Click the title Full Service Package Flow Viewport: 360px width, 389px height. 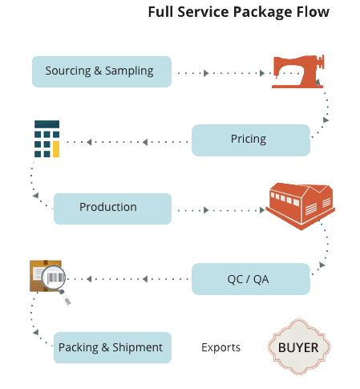tap(239, 12)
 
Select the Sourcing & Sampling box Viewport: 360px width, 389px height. tap(102, 71)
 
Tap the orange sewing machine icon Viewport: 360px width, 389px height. tap(298, 71)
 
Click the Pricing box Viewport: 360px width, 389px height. tap(251, 140)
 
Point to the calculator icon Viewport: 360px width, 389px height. tap(47, 139)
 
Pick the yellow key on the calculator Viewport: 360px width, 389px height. tap(56, 149)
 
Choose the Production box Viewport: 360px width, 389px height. tap(112, 209)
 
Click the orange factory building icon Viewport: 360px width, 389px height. tap(300, 206)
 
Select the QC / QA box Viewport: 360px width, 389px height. tap(251, 279)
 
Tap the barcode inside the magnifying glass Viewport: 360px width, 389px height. tap(56, 278)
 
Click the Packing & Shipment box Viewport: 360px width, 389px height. tap(112, 347)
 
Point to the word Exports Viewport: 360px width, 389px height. tap(221, 347)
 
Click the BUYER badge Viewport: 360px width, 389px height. tap(299, 347)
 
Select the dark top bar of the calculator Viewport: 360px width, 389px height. tap(47, 124)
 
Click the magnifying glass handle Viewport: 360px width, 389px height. tap(65, 298)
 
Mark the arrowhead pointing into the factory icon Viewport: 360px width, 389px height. tap(262, 210)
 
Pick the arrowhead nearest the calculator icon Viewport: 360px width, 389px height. tap(89, 142)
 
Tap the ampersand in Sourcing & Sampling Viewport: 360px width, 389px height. tap(98, 71)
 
